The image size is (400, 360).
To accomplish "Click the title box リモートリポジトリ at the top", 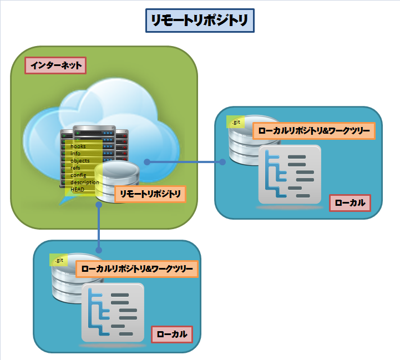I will tap(200, 21).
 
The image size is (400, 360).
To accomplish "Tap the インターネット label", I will tap(56, 66).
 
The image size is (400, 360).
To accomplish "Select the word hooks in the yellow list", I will tap(78, 146).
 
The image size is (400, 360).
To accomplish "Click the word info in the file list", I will tap(75, 154).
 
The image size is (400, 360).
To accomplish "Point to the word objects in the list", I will tap(80, 161).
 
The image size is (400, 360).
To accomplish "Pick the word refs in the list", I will tap(75, 168).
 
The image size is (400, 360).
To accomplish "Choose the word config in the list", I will tap(78, 175).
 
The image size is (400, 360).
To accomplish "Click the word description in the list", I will tap(85, 182).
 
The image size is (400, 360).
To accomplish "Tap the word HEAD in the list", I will tap(77, 189).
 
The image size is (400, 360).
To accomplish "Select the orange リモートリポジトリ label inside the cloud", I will tap(150, 194).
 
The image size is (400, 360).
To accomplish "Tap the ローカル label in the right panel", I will tap(350, 203).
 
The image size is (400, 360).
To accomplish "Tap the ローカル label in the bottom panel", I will tap(171, 334).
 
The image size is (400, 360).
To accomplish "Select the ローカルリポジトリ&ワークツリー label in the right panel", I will tap(314, 131).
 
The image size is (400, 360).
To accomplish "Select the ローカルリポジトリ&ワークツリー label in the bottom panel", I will tap(137, 269).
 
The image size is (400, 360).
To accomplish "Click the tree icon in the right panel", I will tap(290, 175).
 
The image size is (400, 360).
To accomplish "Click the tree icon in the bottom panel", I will tap(113, 313).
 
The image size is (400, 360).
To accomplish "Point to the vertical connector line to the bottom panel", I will tap(99, 227).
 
